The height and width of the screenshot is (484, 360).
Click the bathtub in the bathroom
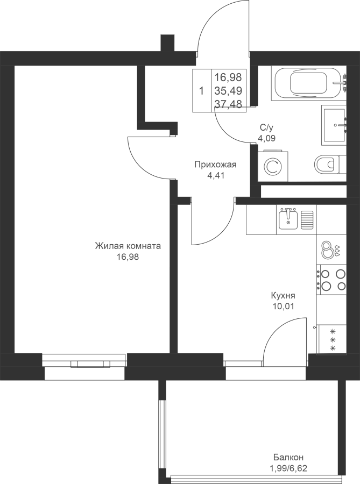309,83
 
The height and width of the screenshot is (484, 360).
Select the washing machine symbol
273,166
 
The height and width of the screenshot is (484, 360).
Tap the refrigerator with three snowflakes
332,340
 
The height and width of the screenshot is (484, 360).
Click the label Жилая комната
128,246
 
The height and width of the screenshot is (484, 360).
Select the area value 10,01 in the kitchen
283,306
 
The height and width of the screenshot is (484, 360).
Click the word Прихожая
215,165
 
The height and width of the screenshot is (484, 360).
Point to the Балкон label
288,457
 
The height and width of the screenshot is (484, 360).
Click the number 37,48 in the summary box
228,104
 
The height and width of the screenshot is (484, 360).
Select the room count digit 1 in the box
202,91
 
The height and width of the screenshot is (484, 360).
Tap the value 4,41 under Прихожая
215,175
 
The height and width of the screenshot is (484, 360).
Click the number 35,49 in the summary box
228,90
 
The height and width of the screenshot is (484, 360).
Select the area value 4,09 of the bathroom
267,138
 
